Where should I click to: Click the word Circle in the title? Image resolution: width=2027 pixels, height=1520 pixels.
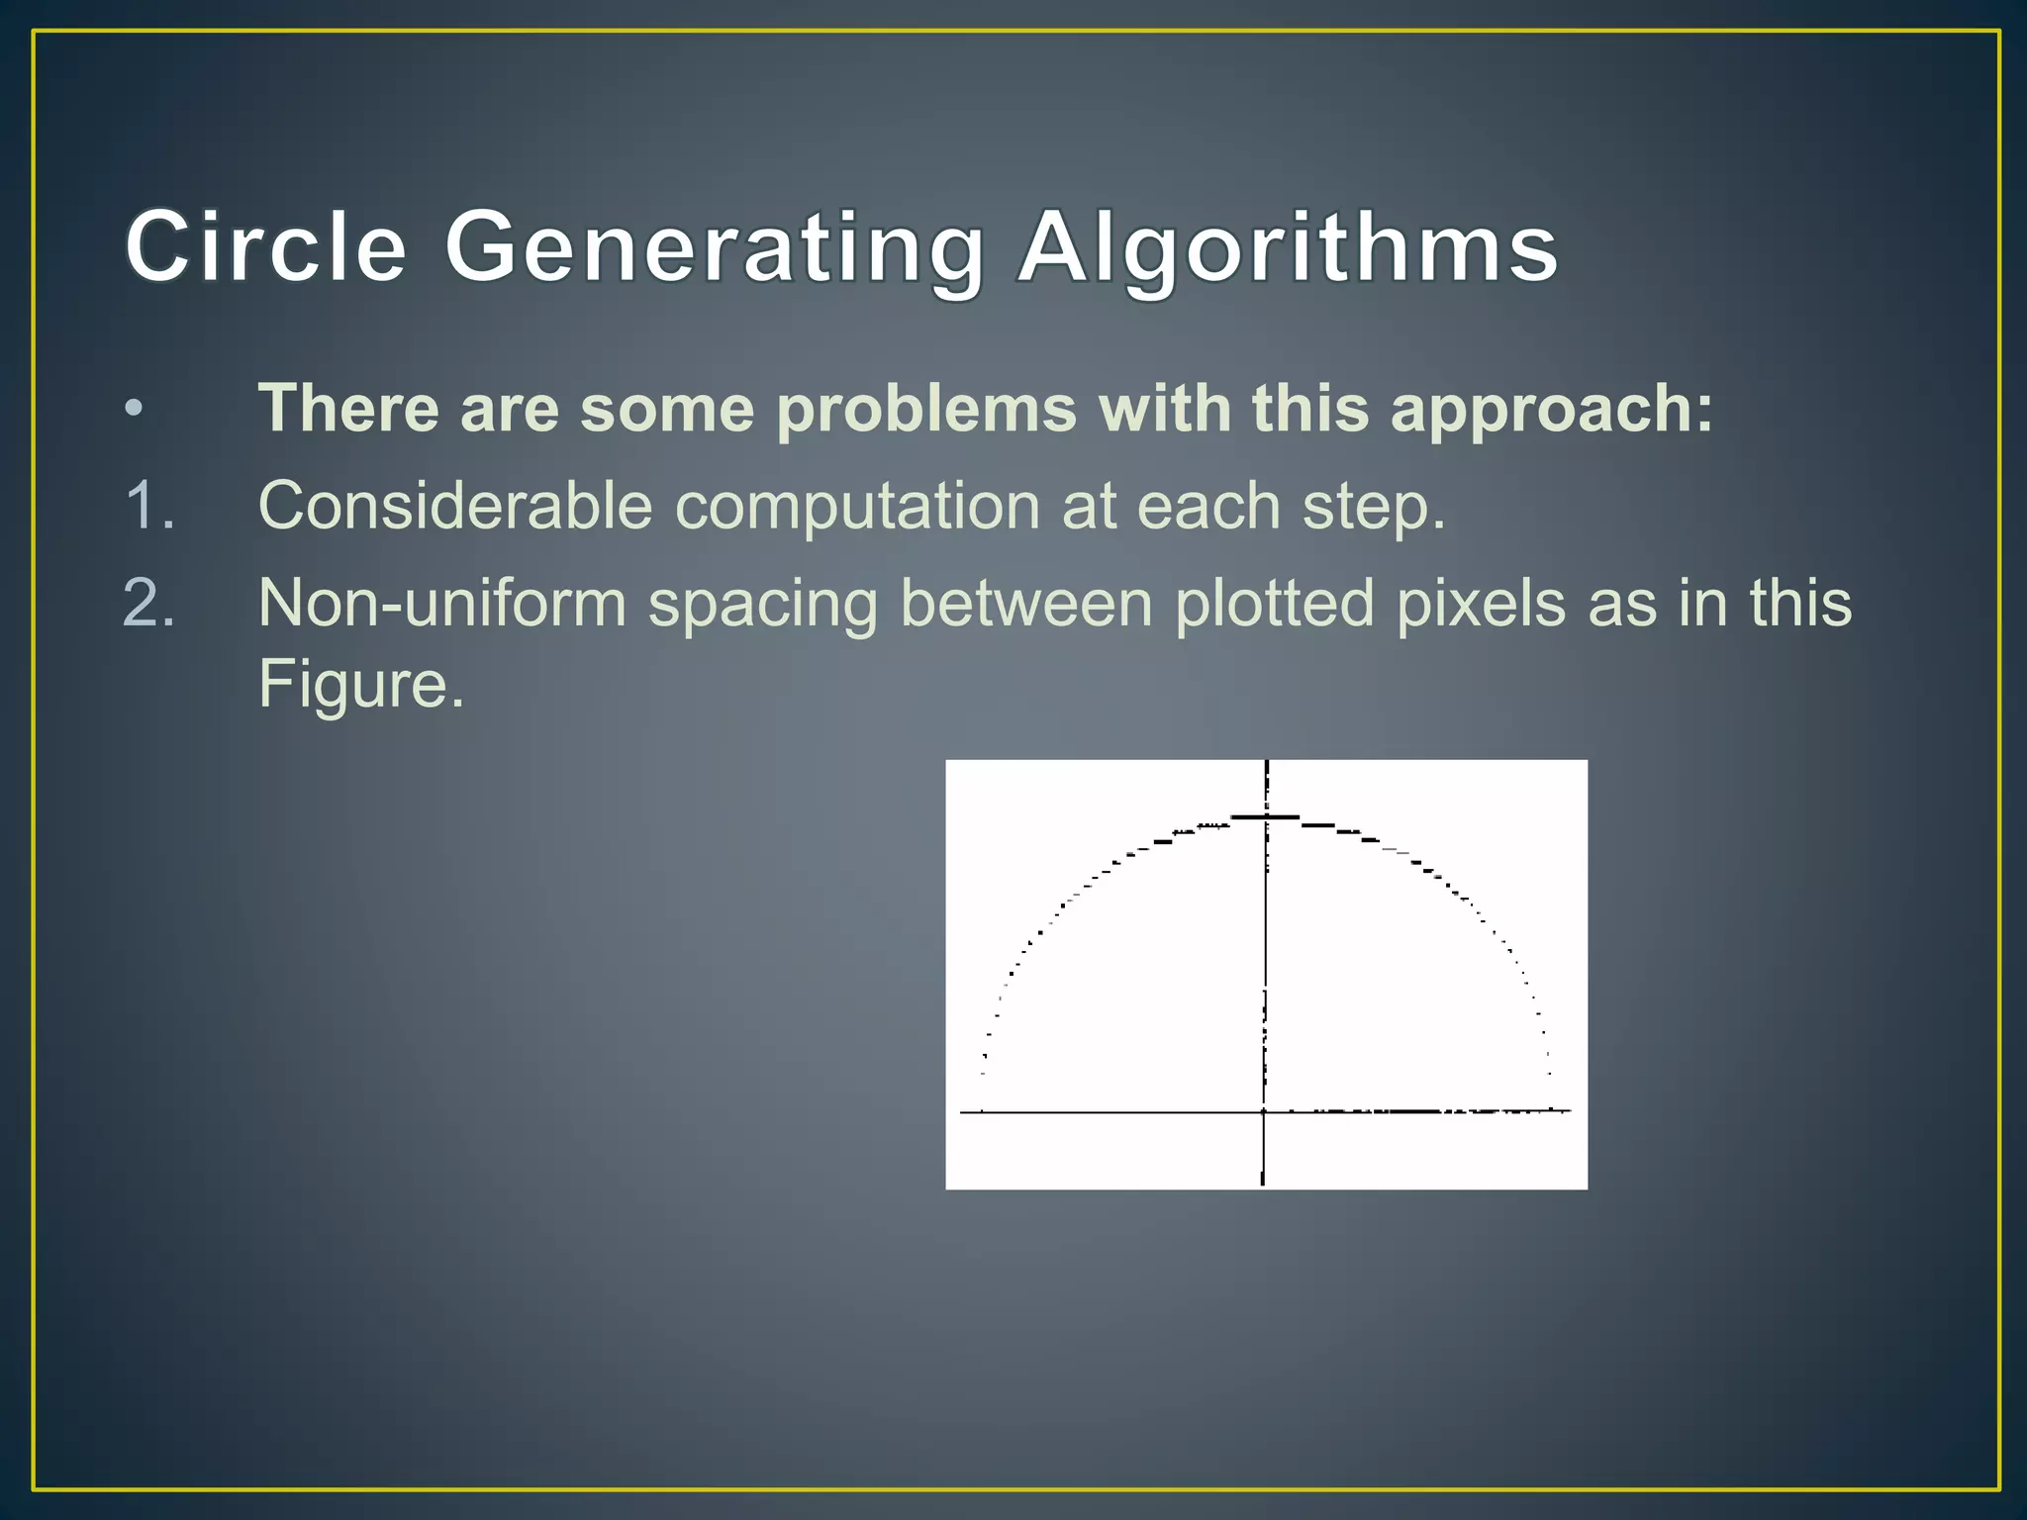point(265,247)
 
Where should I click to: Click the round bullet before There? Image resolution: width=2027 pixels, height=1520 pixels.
point(135,409)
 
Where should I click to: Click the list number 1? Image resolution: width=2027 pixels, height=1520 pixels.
point(148,506)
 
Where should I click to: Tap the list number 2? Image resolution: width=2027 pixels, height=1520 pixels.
point(148,603)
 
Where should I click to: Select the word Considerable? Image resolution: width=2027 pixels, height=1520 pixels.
point(454,506)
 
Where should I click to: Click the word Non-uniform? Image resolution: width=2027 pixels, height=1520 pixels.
point(442,603)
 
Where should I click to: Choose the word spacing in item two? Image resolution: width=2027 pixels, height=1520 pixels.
point(762,605)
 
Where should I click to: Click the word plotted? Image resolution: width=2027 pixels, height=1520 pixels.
point(1274,603)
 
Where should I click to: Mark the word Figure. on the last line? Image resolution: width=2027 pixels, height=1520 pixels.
point(360,684)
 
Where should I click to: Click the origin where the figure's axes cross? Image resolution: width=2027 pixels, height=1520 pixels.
point(1264,1112)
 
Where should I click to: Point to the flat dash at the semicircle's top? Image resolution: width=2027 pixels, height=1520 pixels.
point(1265,817)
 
